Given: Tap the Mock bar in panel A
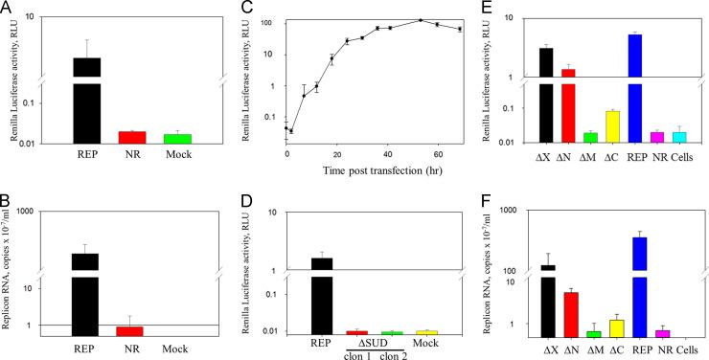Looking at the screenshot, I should [177, 139].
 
